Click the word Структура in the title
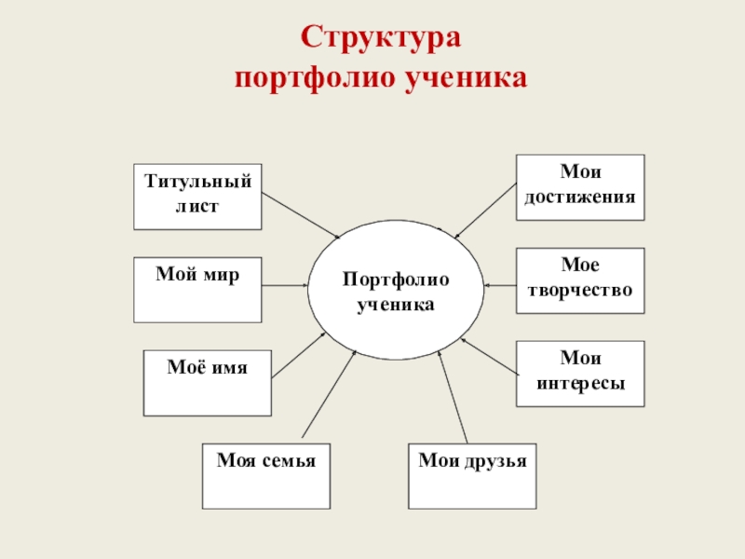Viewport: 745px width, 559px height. pos(381,38)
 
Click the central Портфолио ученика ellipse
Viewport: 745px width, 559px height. pos(396,292)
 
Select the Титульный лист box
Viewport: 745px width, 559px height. pos(197,196)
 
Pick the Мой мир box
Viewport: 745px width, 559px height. pos(197,289)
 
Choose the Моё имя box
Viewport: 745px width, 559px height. pos(207,382)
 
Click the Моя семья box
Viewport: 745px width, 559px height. pos(266,476)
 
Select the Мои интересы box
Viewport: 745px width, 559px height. pos(580,373)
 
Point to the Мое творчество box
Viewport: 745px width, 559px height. pos(580,279)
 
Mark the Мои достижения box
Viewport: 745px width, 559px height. pos(580,186)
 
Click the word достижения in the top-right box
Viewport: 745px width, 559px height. pos(580,198)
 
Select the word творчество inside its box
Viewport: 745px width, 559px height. pos(580,291)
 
